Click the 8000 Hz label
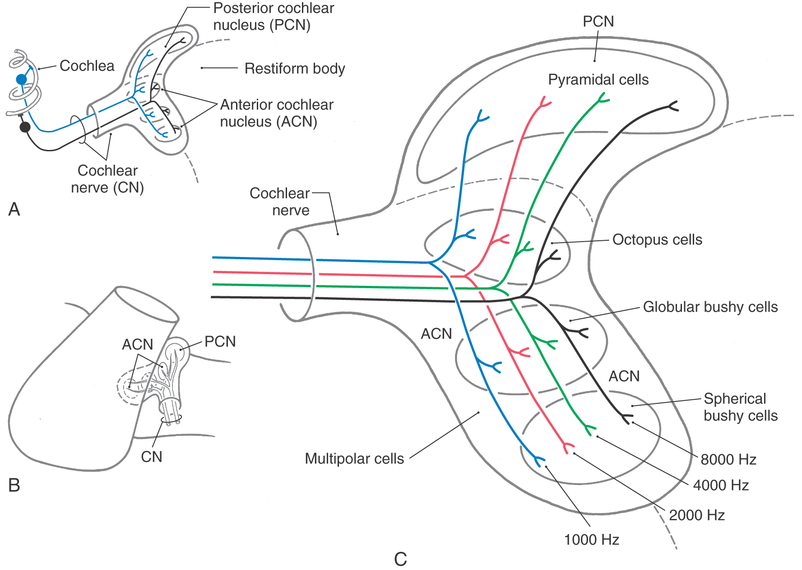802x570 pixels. tap(728, 459)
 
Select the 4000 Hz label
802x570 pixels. tap(721, 485)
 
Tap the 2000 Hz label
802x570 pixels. tap(696, 515)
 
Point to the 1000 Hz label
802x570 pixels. tap(591, 539)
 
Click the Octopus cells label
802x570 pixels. tap(657, 239)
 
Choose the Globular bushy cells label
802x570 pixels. tap(710, 307)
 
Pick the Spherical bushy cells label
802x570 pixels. tap(740, 407)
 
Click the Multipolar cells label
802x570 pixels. tap(354, 458)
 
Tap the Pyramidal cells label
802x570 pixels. tap(598, 79)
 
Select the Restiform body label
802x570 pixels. tap(294, 68)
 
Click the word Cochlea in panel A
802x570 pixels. tap(87, 65)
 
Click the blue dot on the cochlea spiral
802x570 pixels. tap(21, 79)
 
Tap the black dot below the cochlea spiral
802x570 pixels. tap(25, 127)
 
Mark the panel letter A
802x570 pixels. tap(14, 209)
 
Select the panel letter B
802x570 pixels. tap(14, 485)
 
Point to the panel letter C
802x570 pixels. tap(400, 559)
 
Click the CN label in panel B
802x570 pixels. tap(151, 457)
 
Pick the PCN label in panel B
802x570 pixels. tap(220, 341)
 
